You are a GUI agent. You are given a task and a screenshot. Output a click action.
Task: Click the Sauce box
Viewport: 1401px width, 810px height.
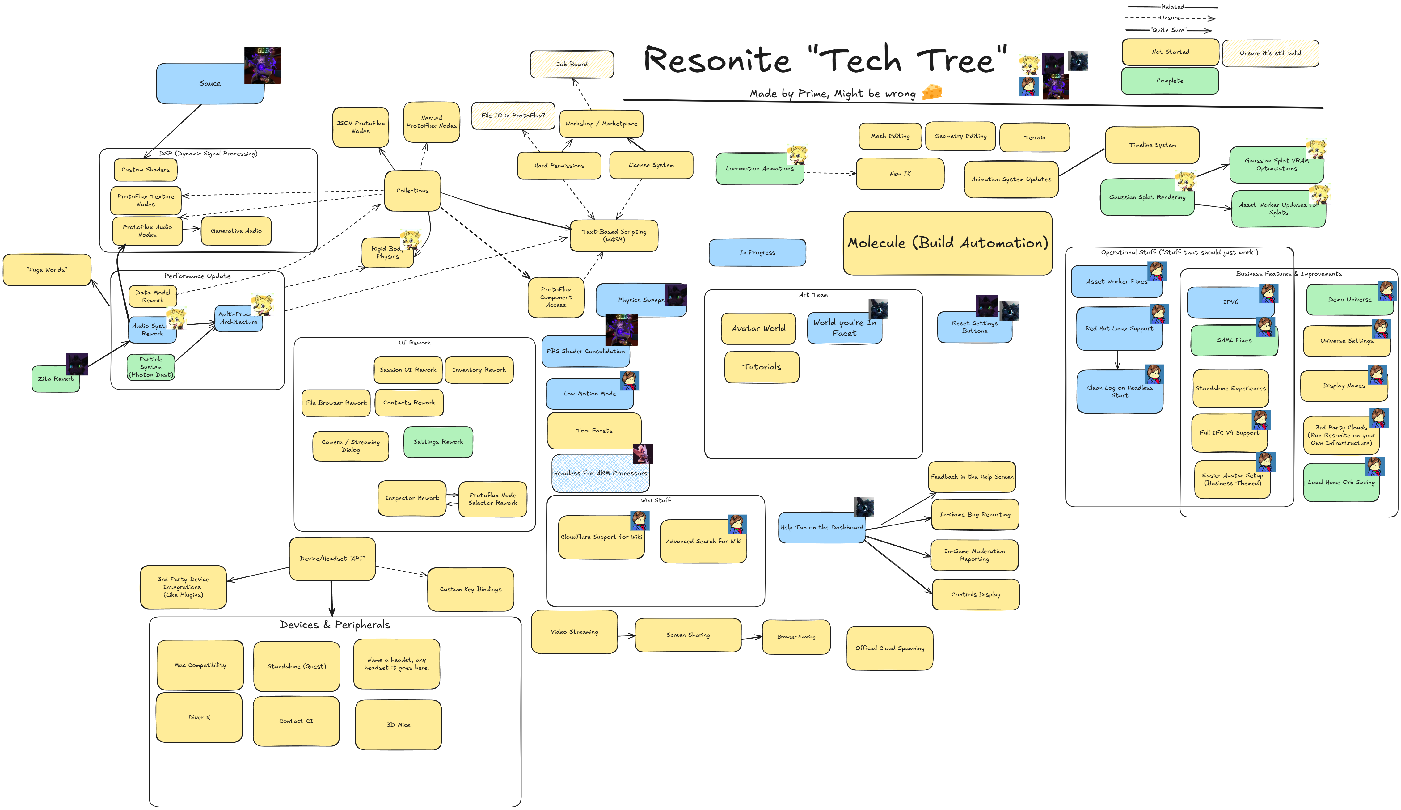[209, 83]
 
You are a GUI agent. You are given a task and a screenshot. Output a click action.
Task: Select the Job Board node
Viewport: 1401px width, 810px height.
[572, 65]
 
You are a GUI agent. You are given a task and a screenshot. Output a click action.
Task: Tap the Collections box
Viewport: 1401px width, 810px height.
[412, 191]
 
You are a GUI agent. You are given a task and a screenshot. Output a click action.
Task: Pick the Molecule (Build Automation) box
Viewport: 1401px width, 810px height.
[947, 243]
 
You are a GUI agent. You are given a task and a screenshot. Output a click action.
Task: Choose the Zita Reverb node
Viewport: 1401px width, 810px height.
[56, 379]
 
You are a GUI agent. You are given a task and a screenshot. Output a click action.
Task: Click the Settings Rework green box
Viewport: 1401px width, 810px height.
[438, 442]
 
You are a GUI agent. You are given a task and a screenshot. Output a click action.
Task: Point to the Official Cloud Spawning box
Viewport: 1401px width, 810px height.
[889, 648]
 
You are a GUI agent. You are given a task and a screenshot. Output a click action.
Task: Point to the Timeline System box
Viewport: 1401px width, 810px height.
[1152, 145]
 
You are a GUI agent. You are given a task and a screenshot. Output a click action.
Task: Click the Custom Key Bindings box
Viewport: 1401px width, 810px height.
[470, 589]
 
